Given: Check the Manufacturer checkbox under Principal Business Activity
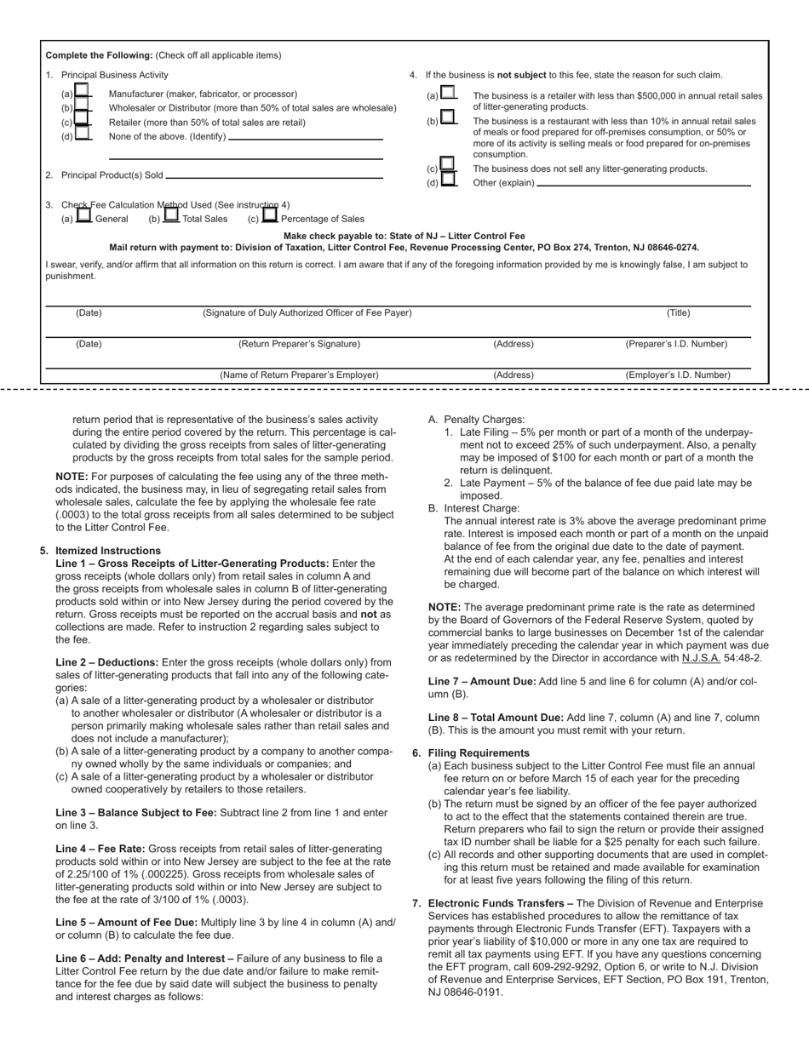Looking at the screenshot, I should pyautogui.click(x=83, y=92).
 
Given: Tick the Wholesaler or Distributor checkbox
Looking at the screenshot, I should pyautogui.click(x=83, y=106).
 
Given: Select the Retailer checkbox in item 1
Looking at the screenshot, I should pyautogui.click(x=83, y=121).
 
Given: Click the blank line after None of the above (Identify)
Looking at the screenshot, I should pyautogui.click(x=306, y=137).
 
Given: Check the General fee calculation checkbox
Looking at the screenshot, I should pyautogui.click(x=83, y=217).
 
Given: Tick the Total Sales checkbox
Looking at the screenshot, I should pyautogui.click(x=171, y=217).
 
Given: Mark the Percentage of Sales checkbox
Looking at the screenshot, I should pyautogui.click(x=270, y=217).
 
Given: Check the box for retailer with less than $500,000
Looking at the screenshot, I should pyautogui.click(x=448, y=94).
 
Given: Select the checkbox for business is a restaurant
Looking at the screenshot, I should pyautogui.click(x=448, y=118).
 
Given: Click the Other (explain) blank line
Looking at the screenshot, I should pyautogui.click(x=644, y=183).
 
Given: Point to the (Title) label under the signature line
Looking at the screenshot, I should pyautogui.click(x=678, y=313).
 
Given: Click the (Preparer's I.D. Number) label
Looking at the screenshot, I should pyautogui.click(x=676, y=344).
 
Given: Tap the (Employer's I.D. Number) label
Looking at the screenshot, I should pyautogui.click(x=678, y=375).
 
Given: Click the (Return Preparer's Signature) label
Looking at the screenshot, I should pyautogui.click(x=299, y=344).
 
